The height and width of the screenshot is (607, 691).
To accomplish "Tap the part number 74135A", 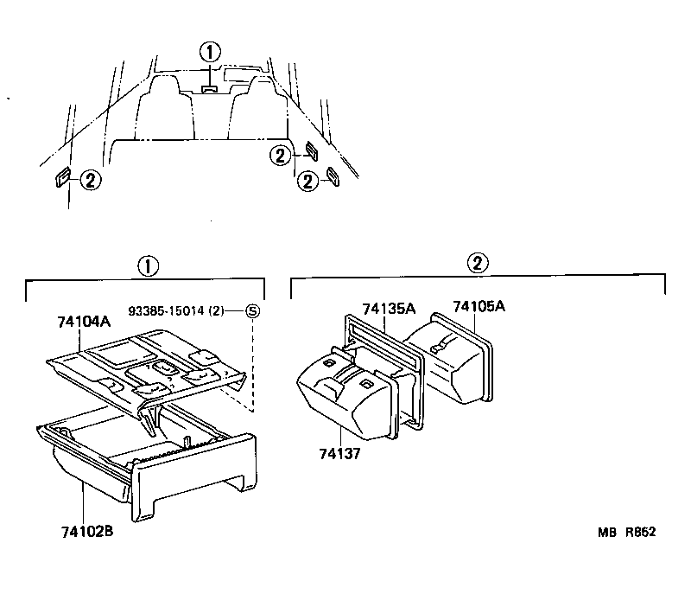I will click(389, 308).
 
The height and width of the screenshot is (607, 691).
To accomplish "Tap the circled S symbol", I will click(252, 310).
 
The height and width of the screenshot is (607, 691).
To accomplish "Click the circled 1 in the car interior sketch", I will click(210, 51).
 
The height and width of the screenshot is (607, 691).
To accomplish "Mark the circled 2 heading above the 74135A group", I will click(478, 263).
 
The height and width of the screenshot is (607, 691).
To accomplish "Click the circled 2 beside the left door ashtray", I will click(91, 179).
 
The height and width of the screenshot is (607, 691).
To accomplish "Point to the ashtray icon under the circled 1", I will click(209, 87).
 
